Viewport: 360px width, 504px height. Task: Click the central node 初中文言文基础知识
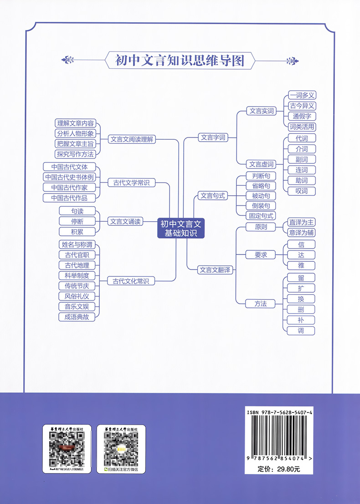pos(181,228)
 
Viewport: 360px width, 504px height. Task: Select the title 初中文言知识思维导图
pos(180,60)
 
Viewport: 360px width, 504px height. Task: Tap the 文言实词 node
pos(262,111)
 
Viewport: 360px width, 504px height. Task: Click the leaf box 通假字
pos(302,116)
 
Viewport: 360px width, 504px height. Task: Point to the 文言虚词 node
pos(262,164)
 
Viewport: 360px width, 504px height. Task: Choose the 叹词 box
pos(301,191)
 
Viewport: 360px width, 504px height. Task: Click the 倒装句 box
pos(261,206)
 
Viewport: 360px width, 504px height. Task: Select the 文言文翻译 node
pos(216,270)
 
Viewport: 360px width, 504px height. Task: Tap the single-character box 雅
pos(301,265)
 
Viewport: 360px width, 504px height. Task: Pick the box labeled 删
pos(301,310)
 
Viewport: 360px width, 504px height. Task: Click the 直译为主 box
pos(302,222)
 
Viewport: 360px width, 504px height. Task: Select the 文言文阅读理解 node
pos(132,139)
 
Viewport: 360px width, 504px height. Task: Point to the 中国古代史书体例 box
pos(69,177)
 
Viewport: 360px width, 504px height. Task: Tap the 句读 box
pos(77,211)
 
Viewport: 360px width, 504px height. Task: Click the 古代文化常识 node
pos(131,281)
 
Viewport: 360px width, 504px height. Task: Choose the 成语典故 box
pos(77,317)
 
